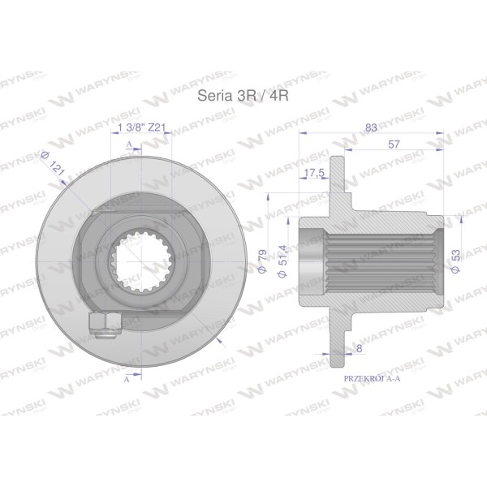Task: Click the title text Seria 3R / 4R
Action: click(243, 96)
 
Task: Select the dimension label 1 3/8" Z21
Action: click(141, 127)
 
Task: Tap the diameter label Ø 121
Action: click(53, 163)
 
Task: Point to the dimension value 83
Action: click(371, 127)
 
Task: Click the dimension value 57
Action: click(394, 144)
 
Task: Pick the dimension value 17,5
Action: click(313, 173)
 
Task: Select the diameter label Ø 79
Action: click(263, 261)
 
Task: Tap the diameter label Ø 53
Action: click(455, 261)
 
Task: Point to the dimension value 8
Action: click(360, 348)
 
